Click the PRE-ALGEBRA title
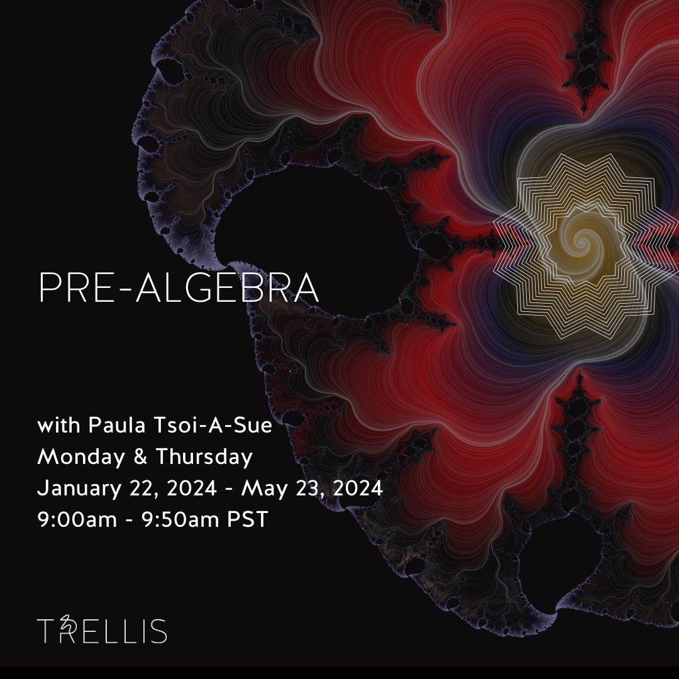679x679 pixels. pyautogui.click(x=179, y=289)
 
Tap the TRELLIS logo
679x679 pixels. pyautogui.click(x=102, y=631)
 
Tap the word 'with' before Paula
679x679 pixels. pyautogui.click(x=59, y=426)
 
